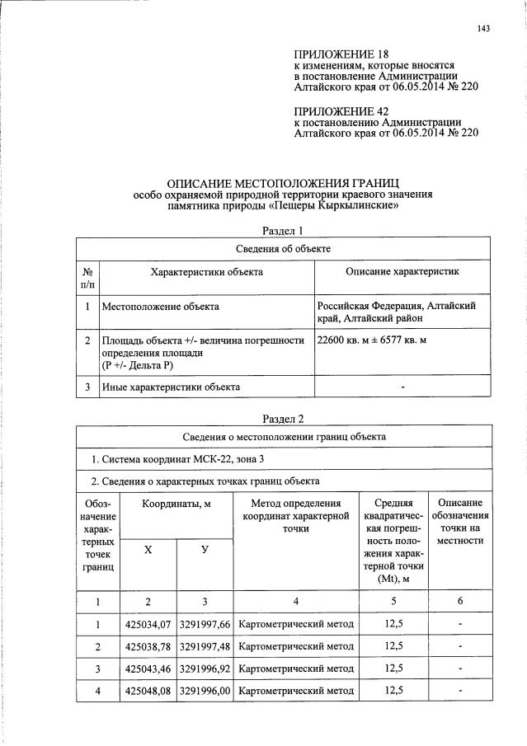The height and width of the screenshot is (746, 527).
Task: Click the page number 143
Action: click(x=484, y=30)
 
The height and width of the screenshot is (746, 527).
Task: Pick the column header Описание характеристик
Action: click(x=402, y=270)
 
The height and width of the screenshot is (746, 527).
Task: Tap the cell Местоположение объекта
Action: click(x=160, y=307)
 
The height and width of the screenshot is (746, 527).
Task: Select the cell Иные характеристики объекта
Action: click(x=171, y=386)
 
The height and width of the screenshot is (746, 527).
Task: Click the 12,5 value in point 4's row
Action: click(x=393, y=690)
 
